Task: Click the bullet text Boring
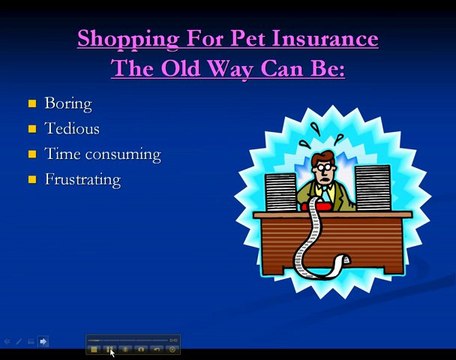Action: tap(67, 103)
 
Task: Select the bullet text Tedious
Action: tap(71, 128)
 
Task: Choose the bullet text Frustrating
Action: tap(82, 180)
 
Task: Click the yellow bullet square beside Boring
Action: tap(32, 103)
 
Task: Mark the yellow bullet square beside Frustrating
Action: tap(32, 180)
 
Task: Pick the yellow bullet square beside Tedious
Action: tap(32, 129)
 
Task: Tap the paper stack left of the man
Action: tap(281, 191)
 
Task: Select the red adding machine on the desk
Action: tap(319, 206)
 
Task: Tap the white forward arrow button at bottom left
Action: tap(43, 342)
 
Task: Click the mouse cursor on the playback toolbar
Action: tap(111, 351)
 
